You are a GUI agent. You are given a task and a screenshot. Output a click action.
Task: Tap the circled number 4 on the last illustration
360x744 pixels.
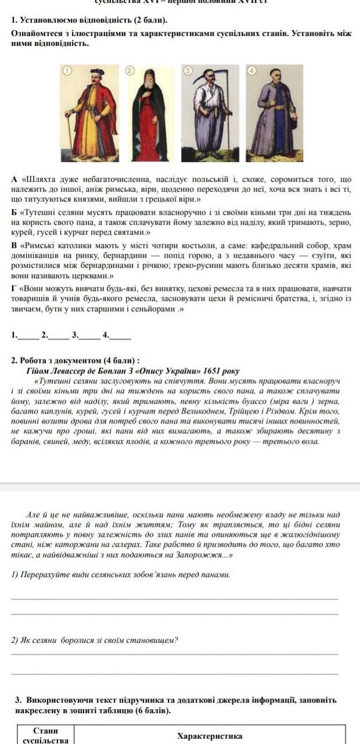pyautogui.click(x=251, y=70)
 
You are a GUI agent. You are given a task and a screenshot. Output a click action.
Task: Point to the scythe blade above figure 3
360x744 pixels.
pyautogui.click(x=204, y=76)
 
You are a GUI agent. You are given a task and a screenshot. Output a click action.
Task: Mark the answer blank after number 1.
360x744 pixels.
pyautogui.click(x=27, y=335)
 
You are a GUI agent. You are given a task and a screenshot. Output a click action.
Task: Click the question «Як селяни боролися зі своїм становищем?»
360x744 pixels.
pyautogui.click(x=95, y=640)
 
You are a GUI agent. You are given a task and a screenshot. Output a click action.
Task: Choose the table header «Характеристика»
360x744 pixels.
pyautogui.click(x=210, y=736)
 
